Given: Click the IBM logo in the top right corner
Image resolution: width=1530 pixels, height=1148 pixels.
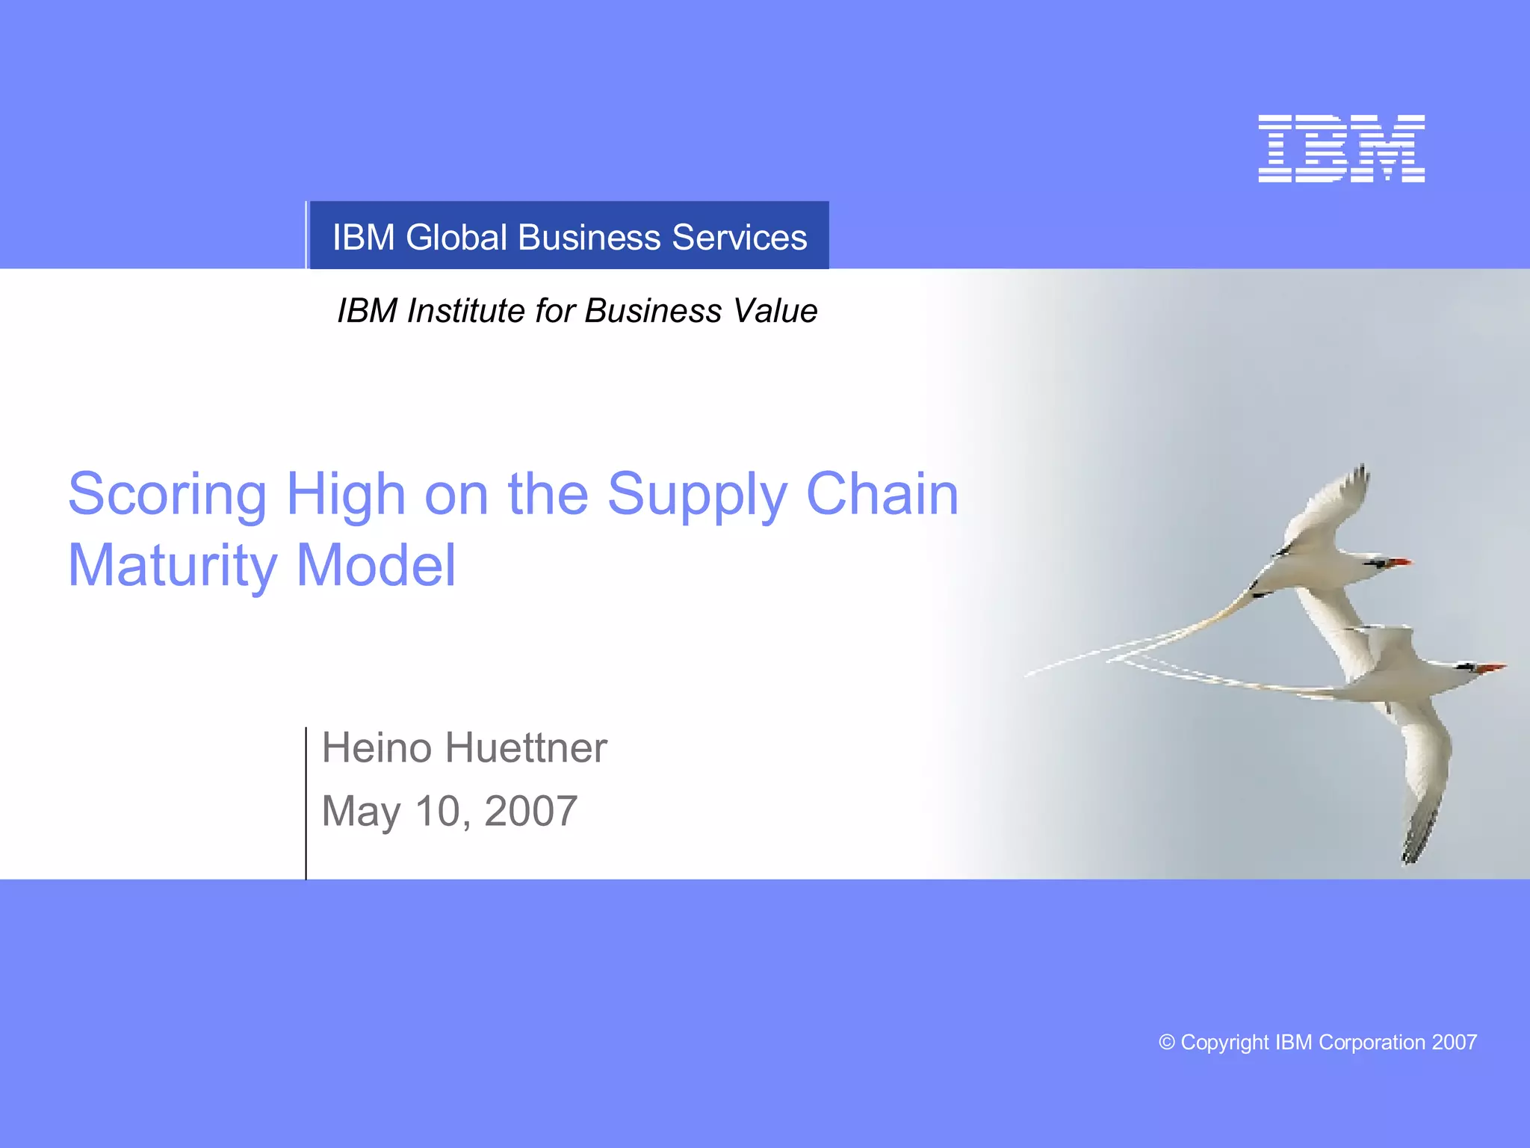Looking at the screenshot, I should pos(1341,148).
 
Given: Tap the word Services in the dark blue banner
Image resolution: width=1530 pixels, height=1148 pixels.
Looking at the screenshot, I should pos(739,238).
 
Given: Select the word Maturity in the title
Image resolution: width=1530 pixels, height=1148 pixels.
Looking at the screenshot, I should pos(173,567).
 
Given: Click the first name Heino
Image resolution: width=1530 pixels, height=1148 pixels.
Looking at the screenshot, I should pos(377,748).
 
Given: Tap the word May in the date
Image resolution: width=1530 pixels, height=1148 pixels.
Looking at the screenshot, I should pos(361,812).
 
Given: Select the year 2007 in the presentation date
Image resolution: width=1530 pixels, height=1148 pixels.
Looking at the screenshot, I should pos(530,811).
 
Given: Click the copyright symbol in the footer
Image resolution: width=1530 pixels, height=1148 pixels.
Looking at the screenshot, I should pos(1166,1042).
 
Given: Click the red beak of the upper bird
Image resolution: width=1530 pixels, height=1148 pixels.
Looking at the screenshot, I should pos(1399,561).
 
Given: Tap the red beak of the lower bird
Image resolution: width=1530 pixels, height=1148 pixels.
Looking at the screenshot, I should pos(1492,667).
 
